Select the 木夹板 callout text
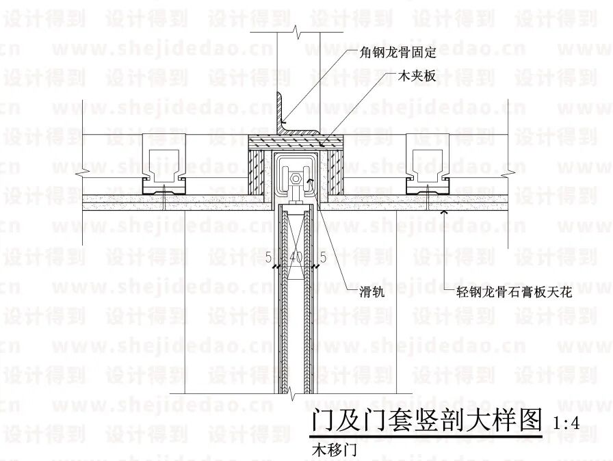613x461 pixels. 417,76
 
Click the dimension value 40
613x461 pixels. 296,258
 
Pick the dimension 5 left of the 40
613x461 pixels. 269,258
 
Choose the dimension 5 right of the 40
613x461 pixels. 322,258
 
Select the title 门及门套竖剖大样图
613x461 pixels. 426,419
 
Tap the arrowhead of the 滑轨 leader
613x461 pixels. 310,181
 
